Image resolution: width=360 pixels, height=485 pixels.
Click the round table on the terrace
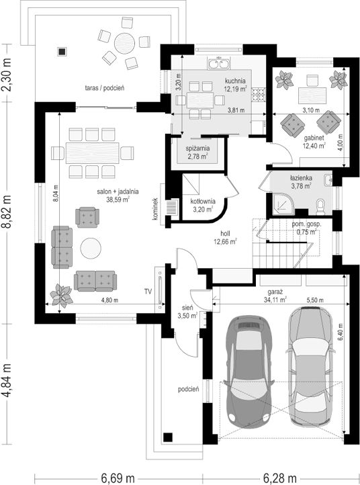pos(125,44)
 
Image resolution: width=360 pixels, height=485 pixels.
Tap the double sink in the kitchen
pos(219,64)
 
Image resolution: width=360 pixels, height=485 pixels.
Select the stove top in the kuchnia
pos(259,95)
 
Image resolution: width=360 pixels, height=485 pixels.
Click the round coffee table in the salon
pos(91,248)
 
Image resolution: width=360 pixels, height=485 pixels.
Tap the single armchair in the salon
pos(87,217)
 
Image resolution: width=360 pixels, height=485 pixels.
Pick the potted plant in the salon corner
pos(62,296)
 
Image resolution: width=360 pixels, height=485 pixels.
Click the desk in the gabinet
pos(312,96)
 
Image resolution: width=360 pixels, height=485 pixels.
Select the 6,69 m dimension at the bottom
pos(118,478)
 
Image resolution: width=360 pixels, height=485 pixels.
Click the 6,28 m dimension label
pos(280,478)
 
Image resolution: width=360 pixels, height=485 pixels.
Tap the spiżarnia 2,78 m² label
pos(197,152)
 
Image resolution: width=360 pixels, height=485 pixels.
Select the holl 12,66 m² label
pos(225,238)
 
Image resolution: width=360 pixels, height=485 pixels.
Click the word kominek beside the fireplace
pos(155,209)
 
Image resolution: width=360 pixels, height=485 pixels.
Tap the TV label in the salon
pos(148,291)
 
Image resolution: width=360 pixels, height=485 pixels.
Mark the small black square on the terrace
pos(62,51)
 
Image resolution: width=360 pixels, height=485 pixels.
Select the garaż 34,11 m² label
pos(275,296)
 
